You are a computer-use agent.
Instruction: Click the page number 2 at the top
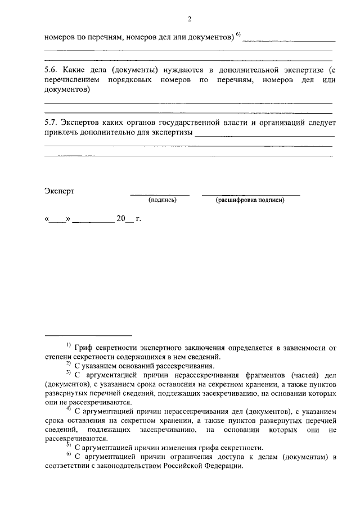click(x=189, y=20)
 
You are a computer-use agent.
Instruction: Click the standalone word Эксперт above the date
click(x=59, y=191)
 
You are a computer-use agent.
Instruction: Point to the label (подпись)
click(x=163, y=200)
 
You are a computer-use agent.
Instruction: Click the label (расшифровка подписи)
click(x=250, y=200)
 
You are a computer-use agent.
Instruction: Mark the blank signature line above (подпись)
click(x=160, y=195)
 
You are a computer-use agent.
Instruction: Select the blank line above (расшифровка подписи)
click(x=250, y=195)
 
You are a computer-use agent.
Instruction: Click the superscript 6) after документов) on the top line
click(x=238, y=35)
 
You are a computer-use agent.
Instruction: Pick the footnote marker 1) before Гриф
click(x=67, y=344)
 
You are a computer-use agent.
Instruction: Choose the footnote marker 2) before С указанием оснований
click(x=67, y=363)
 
